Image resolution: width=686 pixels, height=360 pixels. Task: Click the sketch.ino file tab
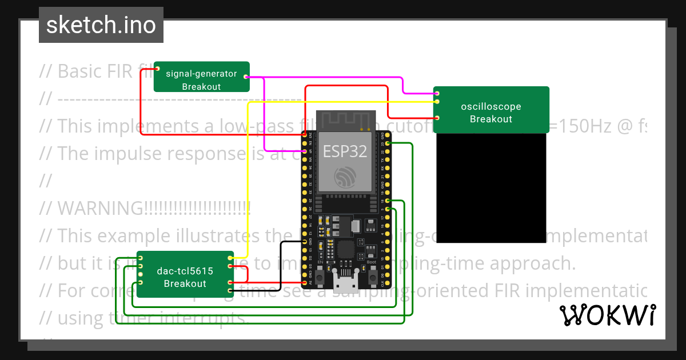point(101,25)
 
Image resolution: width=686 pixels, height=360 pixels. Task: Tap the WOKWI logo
point(607,315)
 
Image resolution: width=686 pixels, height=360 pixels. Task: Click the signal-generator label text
point(201,73)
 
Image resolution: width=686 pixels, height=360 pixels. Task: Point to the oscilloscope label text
point(490,106)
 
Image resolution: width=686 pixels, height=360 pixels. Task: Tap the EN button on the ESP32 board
point(321,277)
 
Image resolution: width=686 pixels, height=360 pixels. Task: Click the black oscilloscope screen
point(490,189)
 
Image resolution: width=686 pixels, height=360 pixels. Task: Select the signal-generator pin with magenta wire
point(246,76)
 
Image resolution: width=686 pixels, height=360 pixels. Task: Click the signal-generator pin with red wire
point(157,70)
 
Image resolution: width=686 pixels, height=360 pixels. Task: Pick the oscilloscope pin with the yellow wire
point(437,102)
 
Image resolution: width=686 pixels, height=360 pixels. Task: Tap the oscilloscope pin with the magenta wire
point(437,93)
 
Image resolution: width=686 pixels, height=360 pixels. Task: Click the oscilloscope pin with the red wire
point(437,118)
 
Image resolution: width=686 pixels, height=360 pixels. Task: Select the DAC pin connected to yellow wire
point(230,259)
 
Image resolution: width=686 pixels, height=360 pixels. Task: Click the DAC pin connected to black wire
point(230,290)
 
